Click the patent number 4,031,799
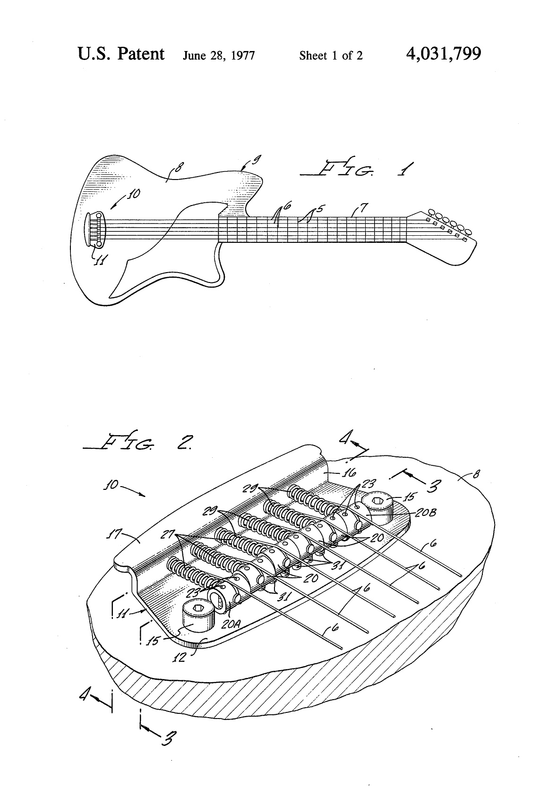point(444,54)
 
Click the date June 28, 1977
point(219,56)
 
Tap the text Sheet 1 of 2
point(331,56)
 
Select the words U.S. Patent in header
point(121,54)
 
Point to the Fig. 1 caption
point(356,167)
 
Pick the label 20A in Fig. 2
point(231,624)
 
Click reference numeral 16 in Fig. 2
point(348,472)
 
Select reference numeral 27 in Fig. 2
point(168,534)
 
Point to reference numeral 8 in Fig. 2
point(476,474)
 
